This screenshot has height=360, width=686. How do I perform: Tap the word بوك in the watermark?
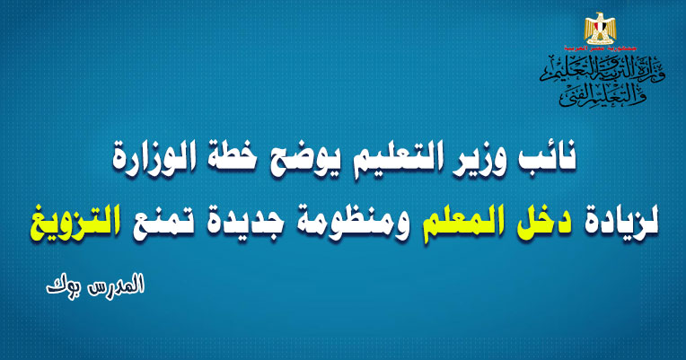pyautogui.click(x=65, y=286)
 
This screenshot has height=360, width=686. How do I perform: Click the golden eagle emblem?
pyautogui.click(x=600, y=28)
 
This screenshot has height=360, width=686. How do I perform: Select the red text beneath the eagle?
pyautogui.click(x=600, y=48)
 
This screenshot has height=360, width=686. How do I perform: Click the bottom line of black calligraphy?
pyautogui.click(x=602, y=96)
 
